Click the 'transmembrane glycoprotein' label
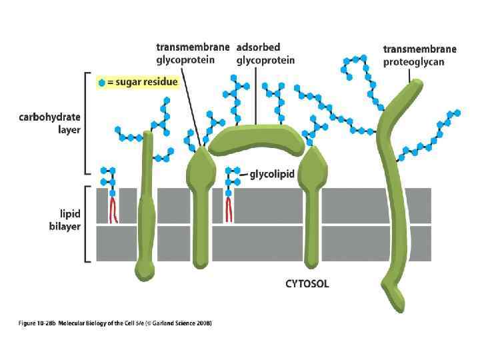pos(193,53)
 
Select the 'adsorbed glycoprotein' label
pos(265,53)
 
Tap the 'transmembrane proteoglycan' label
pos(419,55)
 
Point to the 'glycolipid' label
pos(273,176)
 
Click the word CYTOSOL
pos(307,284)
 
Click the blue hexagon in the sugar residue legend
pos(101,83)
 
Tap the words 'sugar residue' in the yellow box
pos(147,83)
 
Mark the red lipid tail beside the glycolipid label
pos(229,209)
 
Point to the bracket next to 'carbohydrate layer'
pos(85,123)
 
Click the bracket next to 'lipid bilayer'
pos(85,224)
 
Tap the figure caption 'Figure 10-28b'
pos(36,323)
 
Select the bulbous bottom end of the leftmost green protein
pos(144,270)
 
